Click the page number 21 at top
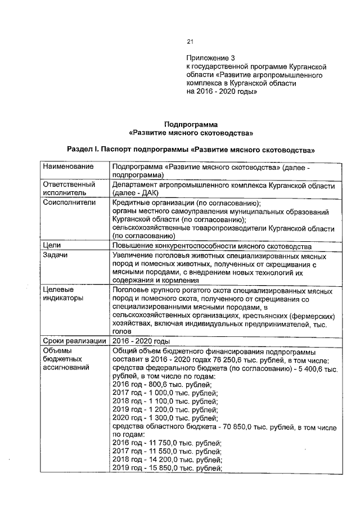pyautogui.click(x=190, y=42)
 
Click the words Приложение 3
pyautogui.click(x=210, y=58)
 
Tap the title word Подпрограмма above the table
pyautogui.click(x=191, y=124)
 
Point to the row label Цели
pyautogui.click(x=52, y=246)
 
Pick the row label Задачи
pyautogui.click(x=56, y=255)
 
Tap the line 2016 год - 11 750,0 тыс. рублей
pyautogui.click(x=167, y=443)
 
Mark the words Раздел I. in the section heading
pyautogui.click(x=83, y=150)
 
